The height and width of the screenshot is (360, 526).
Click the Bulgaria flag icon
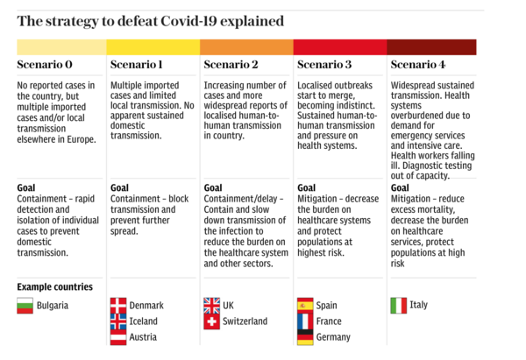(x=25, y=306)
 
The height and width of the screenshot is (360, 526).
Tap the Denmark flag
(x=118, y=306)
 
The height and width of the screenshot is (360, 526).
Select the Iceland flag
(x=118, y=321)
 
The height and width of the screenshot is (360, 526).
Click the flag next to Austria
(x=118, y=337)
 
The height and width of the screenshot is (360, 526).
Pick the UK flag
(x=211, y=306)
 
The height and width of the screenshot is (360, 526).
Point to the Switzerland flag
(x=211, y=321)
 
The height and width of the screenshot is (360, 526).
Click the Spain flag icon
(x=305, y=306)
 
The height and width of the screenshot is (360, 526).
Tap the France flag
(x=305, y=321)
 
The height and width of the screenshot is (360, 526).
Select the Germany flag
(x=305, y=337)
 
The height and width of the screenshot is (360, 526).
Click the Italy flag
(x=398, y=306)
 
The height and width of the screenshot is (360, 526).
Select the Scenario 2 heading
(x=231, y=65)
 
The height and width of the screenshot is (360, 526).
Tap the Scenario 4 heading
(x=418, y=65)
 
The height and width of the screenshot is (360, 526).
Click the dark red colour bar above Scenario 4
(x=431, y=46)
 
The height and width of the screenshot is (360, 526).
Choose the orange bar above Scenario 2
(x=246, y=46)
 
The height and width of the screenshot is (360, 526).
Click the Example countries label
(x=54, y=286)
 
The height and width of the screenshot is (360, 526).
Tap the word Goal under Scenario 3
(x=306, y=187)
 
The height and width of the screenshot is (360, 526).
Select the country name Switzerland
(x=245, y=321)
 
